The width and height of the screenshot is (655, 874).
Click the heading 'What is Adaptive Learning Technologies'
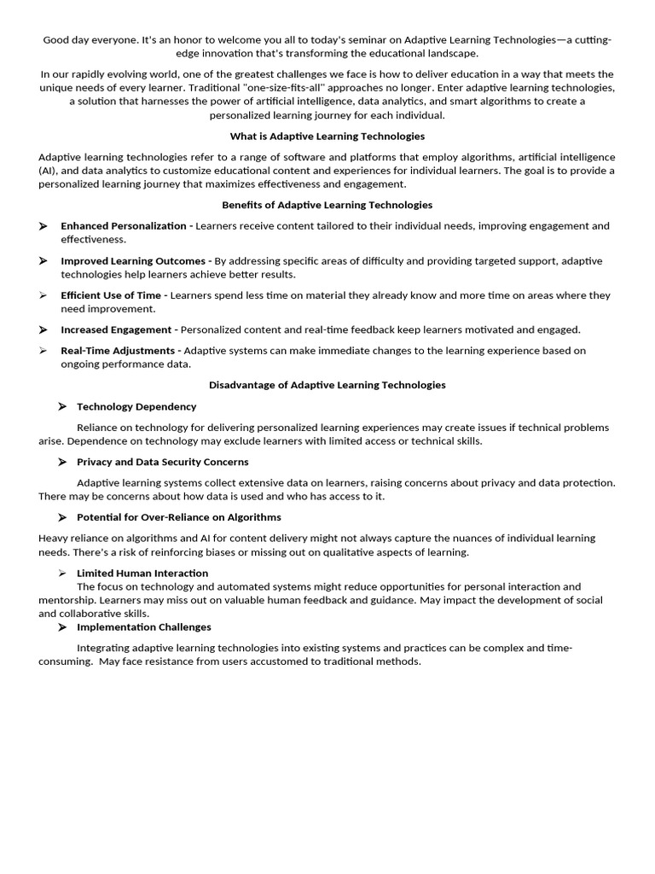coord(327,137)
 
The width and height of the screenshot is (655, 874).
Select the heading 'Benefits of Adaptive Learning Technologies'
coord(327,205)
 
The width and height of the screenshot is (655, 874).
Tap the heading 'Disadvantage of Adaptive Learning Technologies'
coord(327,385)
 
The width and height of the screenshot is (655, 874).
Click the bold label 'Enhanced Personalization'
coord(123,226)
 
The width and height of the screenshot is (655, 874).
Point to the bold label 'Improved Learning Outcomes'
coord(133,260)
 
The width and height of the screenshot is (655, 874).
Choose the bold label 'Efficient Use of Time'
coord(110,295)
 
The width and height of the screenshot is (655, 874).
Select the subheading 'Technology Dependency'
coord(136,407)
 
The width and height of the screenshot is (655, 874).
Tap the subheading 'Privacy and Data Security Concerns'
coord(163,462)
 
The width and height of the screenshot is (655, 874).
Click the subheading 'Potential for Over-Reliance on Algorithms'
coord(179,517)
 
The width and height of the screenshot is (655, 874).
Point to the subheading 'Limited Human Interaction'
coord(142,574)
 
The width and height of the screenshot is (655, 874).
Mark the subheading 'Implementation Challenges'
coord(144,626)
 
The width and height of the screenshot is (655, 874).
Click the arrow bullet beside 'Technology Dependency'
coord(62,407)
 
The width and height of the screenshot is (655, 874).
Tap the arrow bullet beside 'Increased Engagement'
coord(43,329)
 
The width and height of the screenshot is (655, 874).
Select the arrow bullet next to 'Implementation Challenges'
coord(62,626)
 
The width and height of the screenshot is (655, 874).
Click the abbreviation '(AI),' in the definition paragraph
coord(50,171)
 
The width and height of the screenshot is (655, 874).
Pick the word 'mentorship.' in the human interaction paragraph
coord(67,600)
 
